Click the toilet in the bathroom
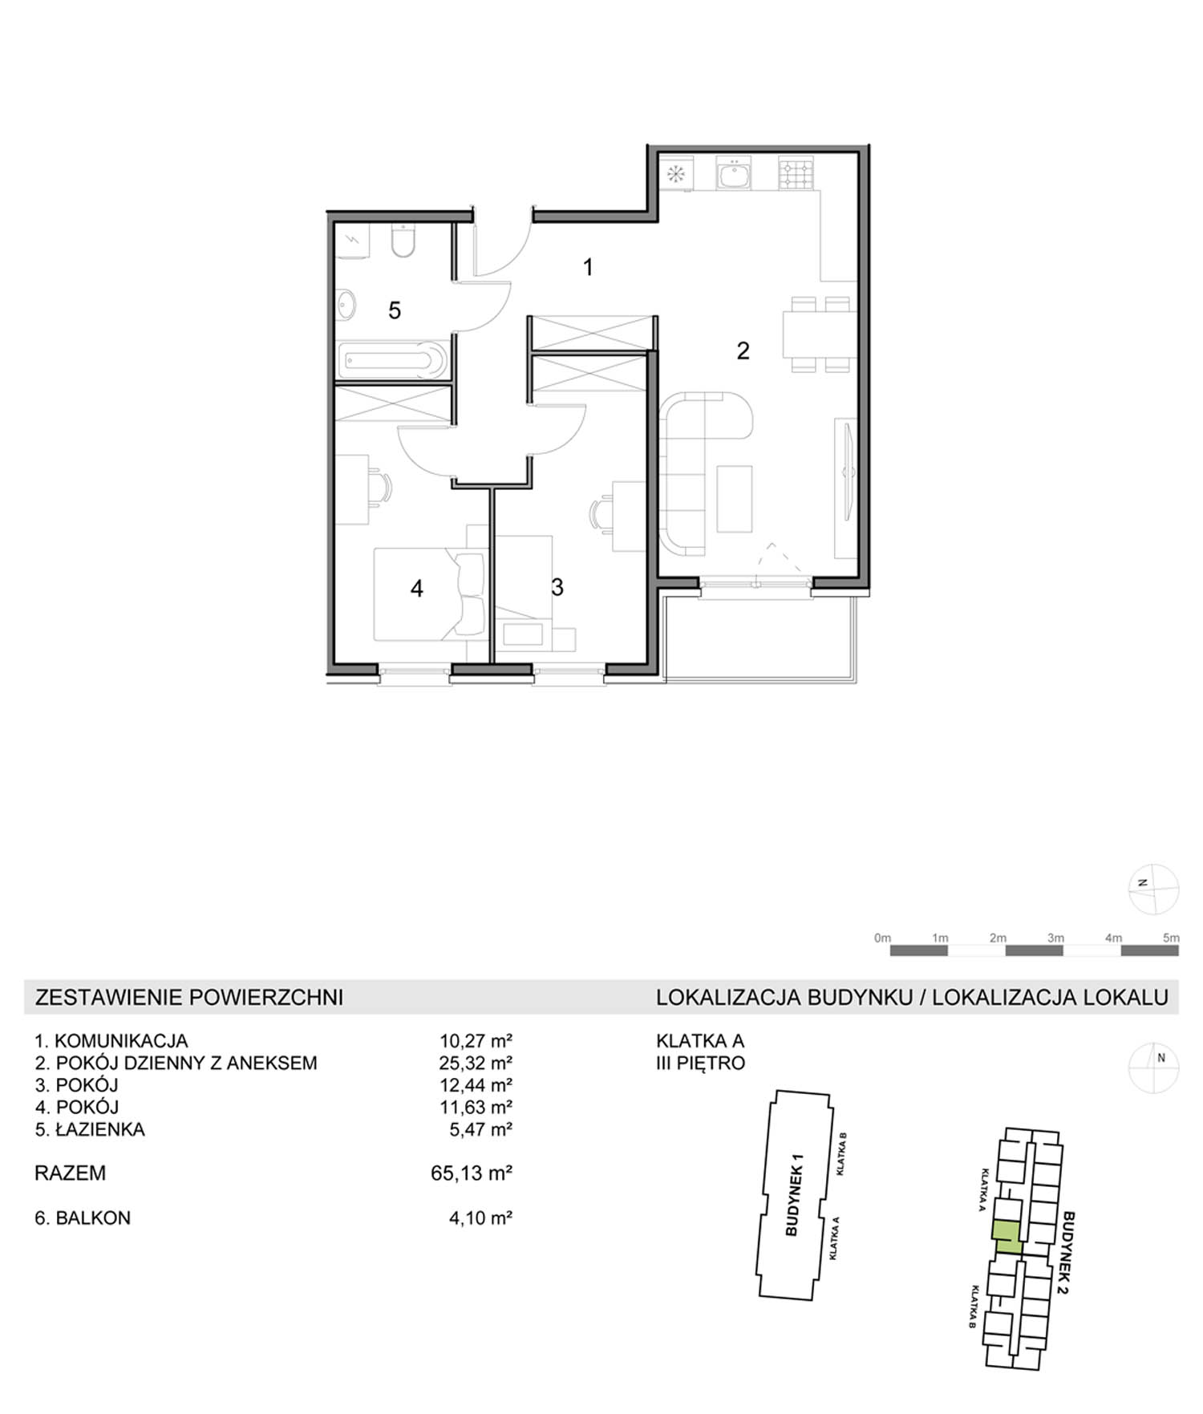click(x=403, y=240)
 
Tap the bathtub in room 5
click(x=394, y=361)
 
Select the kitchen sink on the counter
click(x=734, y=173)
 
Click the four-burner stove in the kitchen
click(x=796, y=174)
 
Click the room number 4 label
click(x=417, y=589)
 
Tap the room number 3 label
click(x=557, y=587)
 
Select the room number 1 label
click(x=588, y=267)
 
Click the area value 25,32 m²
click(x=476, y=1063)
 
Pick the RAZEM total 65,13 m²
click(x=472, y=1173)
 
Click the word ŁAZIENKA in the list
click(x=100, y=1129)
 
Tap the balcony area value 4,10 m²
click(x=480, y=1217)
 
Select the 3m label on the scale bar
click(x=1055, y=938)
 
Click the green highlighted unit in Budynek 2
click(x=1007, y=1237)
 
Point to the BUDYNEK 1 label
click(x=794, y=1194)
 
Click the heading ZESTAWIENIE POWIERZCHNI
click(x=189, y=997)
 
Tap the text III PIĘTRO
click(x=700, y=1063)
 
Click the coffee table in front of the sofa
click(x=735, y=498)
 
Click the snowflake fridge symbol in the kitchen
click(x=675, y=174)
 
